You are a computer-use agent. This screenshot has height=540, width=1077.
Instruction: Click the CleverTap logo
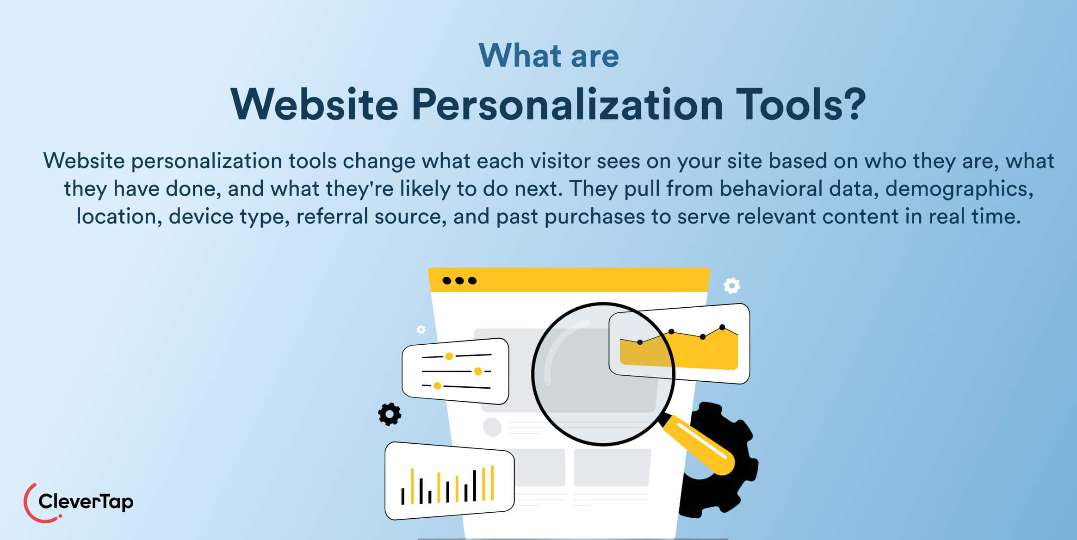pos(79,503)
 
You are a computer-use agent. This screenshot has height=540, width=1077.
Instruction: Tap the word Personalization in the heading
pos(567,105)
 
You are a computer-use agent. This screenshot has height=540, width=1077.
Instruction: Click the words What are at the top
pos(549,56)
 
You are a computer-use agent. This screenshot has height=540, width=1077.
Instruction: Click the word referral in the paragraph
pos(332,217)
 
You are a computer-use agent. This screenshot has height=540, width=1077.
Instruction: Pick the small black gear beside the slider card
pos(390,414)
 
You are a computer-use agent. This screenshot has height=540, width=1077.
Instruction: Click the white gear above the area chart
pos(731,286)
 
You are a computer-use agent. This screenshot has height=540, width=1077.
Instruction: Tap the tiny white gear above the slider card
pos(421,329)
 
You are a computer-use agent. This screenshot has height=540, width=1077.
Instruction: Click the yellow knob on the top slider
pos(449,356)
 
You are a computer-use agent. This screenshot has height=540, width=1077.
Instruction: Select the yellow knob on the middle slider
pos(478,371)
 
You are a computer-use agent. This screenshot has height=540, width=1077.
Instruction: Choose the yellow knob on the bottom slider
pos(437,385)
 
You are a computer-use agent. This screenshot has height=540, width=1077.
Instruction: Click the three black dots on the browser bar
pos(459,280)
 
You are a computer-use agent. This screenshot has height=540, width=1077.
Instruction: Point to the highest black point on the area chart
pos(722,327)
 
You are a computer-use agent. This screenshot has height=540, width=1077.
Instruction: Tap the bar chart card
pos(449,481)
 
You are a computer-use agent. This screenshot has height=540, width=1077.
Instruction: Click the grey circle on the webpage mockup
pos(492,427)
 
